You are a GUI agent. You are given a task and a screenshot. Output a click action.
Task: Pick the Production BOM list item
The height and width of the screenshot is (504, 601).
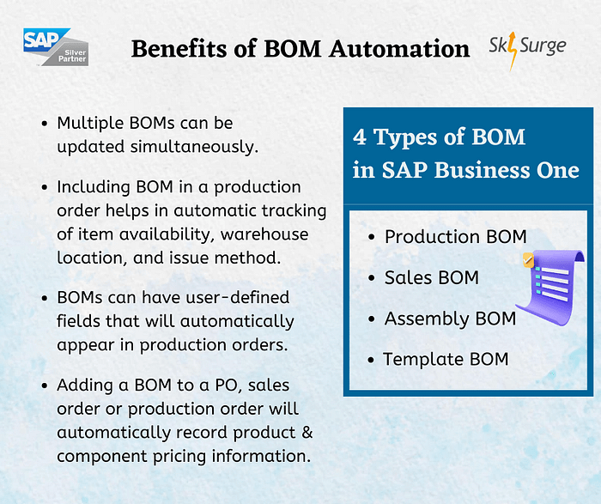pyautogui.click(x=455, y=237)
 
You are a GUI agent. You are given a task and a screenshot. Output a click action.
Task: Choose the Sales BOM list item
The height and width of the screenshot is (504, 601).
pyautogui.click(x=431, y=277)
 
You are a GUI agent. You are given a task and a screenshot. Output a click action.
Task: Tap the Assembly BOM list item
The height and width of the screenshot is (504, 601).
pyautogui.click(x=450, y=319)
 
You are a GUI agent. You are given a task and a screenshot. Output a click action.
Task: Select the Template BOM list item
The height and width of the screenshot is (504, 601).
pyautogui.click(x=446, y=359)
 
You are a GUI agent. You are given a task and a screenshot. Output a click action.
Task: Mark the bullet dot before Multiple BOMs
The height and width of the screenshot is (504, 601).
pyautogui.click(x=44, y=124)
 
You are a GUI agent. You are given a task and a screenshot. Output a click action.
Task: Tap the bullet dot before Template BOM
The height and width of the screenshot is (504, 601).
pyautogui.click(x=371, y=360)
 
